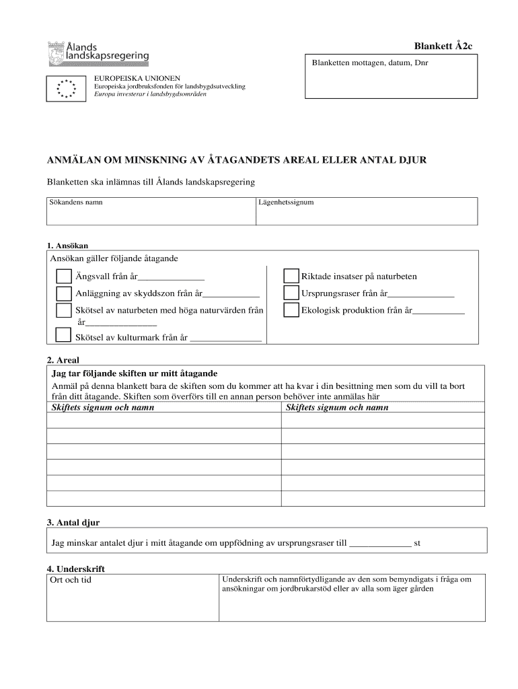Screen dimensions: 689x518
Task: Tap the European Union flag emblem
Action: coord(66,88)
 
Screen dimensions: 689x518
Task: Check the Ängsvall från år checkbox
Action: coord(64,277)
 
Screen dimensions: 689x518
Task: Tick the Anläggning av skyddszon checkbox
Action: coord(64,293)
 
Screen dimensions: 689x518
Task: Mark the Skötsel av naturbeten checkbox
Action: coord(64,310)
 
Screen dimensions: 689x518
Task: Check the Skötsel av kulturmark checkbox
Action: coord(64,335)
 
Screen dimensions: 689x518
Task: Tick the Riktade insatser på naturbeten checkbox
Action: coord(291,277)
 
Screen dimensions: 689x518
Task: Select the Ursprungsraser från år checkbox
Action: coord(291,293)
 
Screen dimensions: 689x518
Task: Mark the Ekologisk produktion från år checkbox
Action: coord(291,310)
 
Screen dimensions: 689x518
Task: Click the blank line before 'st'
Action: coord(381,544)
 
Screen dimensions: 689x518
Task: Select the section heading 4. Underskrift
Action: coord(76,569)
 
